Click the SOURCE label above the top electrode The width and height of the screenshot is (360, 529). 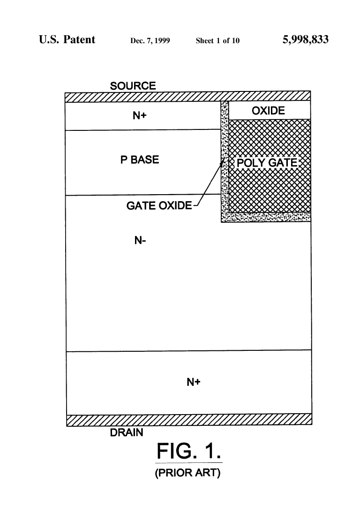click(133, 86)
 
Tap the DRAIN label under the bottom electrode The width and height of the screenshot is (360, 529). click(127, 432)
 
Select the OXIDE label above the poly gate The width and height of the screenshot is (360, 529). click(268, 111)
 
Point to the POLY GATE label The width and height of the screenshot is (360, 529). click(267, 163)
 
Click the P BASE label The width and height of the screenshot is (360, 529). click(140, 159)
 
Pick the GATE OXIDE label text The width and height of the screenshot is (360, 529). click(159, 205)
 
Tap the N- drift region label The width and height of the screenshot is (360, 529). click(140, 241)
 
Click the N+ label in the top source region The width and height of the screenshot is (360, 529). click(140, 116)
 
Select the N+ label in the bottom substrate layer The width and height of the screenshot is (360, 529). click(194, 382)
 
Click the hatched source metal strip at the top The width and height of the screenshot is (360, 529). click(188, 97)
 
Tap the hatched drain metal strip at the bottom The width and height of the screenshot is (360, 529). click(189, 420)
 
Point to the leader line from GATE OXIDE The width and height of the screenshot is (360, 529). click(208, 182)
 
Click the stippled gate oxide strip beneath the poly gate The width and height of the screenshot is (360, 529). click(266, 217)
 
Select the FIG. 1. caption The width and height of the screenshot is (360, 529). click(189, 451)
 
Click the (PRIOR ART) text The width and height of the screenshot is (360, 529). click(188, 472)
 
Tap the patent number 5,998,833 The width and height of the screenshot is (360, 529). click(306, 40)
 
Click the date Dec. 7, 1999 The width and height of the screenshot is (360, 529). click(150, 41)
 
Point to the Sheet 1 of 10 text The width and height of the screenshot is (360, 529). click(218, 41)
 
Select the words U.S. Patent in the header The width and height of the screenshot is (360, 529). click(67, 39)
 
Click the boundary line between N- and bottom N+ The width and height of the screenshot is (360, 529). click(189, 351)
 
